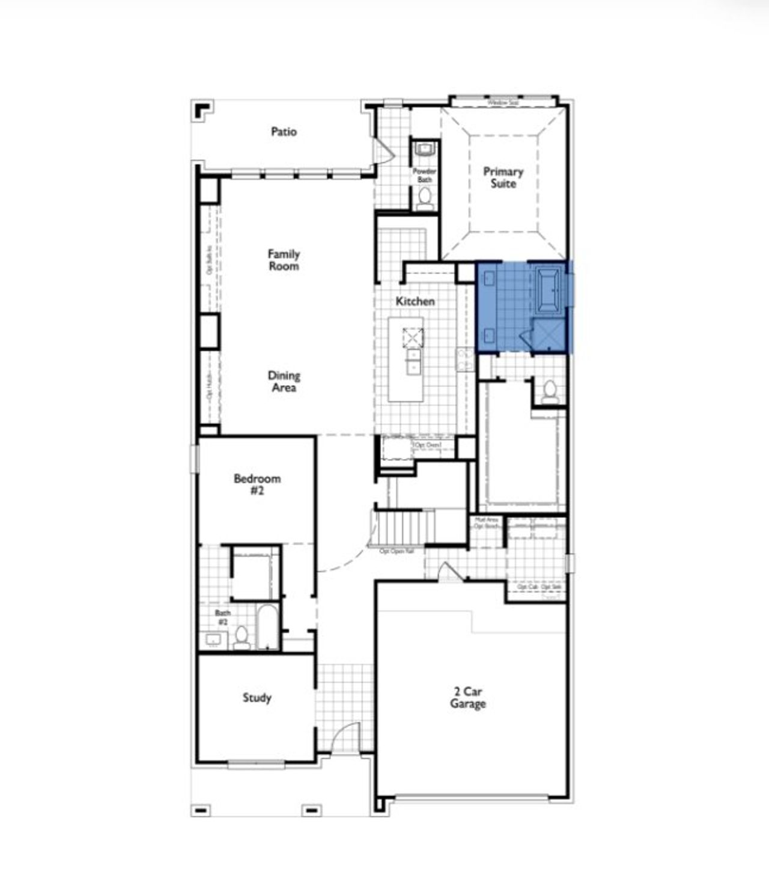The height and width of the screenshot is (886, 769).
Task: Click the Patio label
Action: tap(284, 131)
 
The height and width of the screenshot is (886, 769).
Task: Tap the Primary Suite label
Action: tap(503, 177)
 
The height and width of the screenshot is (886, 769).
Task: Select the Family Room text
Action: tap(284, 260)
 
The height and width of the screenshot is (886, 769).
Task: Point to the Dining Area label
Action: tap(284, 381)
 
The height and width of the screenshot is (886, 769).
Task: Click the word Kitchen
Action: tap(415, 301)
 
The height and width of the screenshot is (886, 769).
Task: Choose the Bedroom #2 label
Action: tap(257, 484)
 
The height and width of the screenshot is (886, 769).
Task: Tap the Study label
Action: tap(257, 697)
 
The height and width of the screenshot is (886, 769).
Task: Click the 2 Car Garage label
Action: tap(467, 697)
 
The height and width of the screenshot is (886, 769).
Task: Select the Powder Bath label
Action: tap(424, 175)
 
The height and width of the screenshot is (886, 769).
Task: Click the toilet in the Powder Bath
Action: tap(425, 197)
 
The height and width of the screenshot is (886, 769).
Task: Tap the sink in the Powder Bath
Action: tap(425, 148)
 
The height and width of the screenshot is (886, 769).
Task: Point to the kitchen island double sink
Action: tap(413, 362)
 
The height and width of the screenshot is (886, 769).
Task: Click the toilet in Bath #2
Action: tap(242, 637)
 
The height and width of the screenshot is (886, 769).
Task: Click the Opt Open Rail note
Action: tap(397, 551)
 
